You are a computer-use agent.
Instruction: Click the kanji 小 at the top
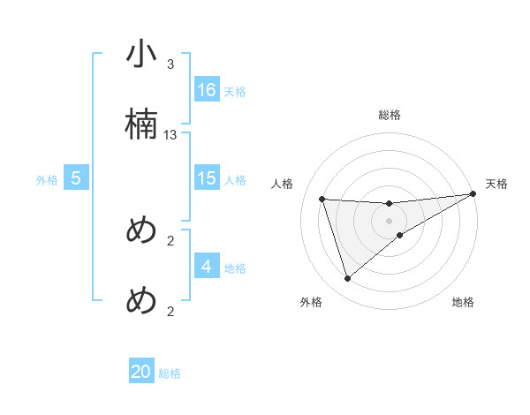click(141, 54)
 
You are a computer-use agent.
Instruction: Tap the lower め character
click(141, 301)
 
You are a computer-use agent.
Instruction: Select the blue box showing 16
click(207, 90)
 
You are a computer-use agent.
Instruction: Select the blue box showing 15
click(207, 178)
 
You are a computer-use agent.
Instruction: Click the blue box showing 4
click(207, 267)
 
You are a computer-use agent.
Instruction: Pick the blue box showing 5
click(76, 178)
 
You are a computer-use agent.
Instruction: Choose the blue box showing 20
click(141, 372)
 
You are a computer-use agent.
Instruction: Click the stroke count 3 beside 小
click(170, 64)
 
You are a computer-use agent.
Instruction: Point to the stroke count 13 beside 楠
click(170, 135)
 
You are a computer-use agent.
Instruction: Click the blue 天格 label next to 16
click(235, 91)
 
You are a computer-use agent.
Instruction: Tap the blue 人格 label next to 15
click(235, 179)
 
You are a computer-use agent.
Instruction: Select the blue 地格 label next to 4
click(235, 268)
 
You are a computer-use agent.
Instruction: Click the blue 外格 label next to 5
click(47, 179)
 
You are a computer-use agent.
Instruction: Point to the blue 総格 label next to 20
click(170, 373)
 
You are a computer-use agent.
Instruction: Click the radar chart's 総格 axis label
click(390, 115)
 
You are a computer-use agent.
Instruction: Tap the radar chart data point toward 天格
click(473, 195)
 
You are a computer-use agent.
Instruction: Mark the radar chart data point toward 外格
click(347, 279)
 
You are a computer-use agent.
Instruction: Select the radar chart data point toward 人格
click(322, 199)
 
